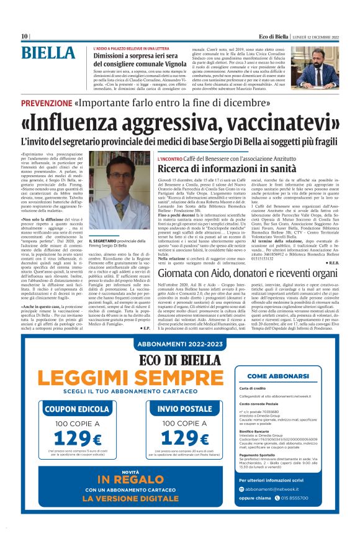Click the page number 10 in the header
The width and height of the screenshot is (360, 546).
tap(24, 36)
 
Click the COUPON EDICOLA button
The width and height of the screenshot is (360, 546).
tap(76, 409)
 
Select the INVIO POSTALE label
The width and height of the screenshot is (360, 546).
tap(184, 409)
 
